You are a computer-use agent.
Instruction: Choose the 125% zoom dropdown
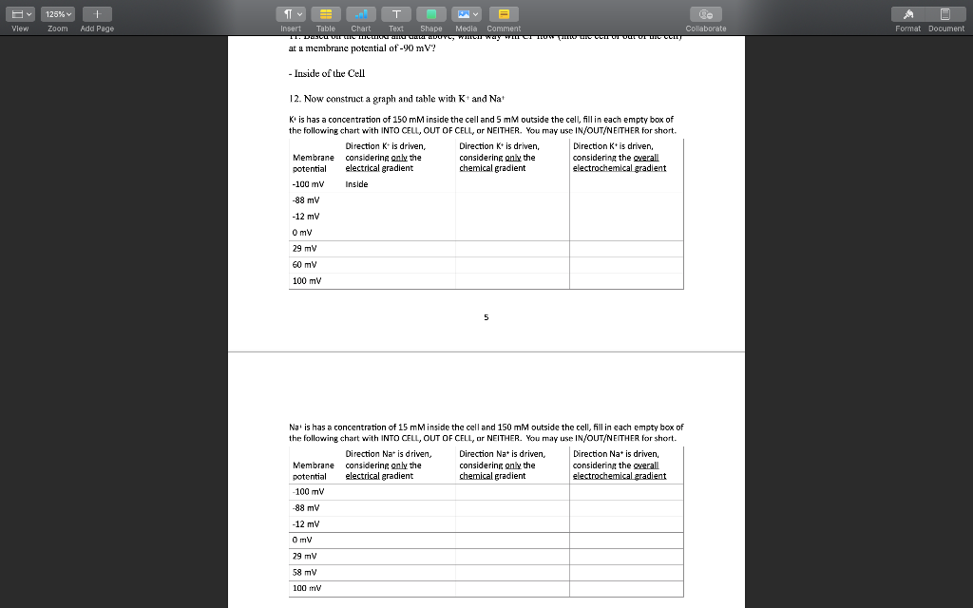[x=58, y=14]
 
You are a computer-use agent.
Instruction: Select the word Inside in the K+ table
[x=356, y=184]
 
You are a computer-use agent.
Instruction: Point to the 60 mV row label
[x=305, y=265]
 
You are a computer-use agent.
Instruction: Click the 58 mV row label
[x=305, y=573]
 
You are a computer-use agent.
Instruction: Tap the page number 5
[x=486, y=317]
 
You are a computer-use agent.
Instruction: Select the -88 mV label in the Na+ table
[x=306, y=508]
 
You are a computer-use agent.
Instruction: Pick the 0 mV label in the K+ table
[x=302, y=233]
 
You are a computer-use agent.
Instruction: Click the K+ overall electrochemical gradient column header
[x=620, y=157]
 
